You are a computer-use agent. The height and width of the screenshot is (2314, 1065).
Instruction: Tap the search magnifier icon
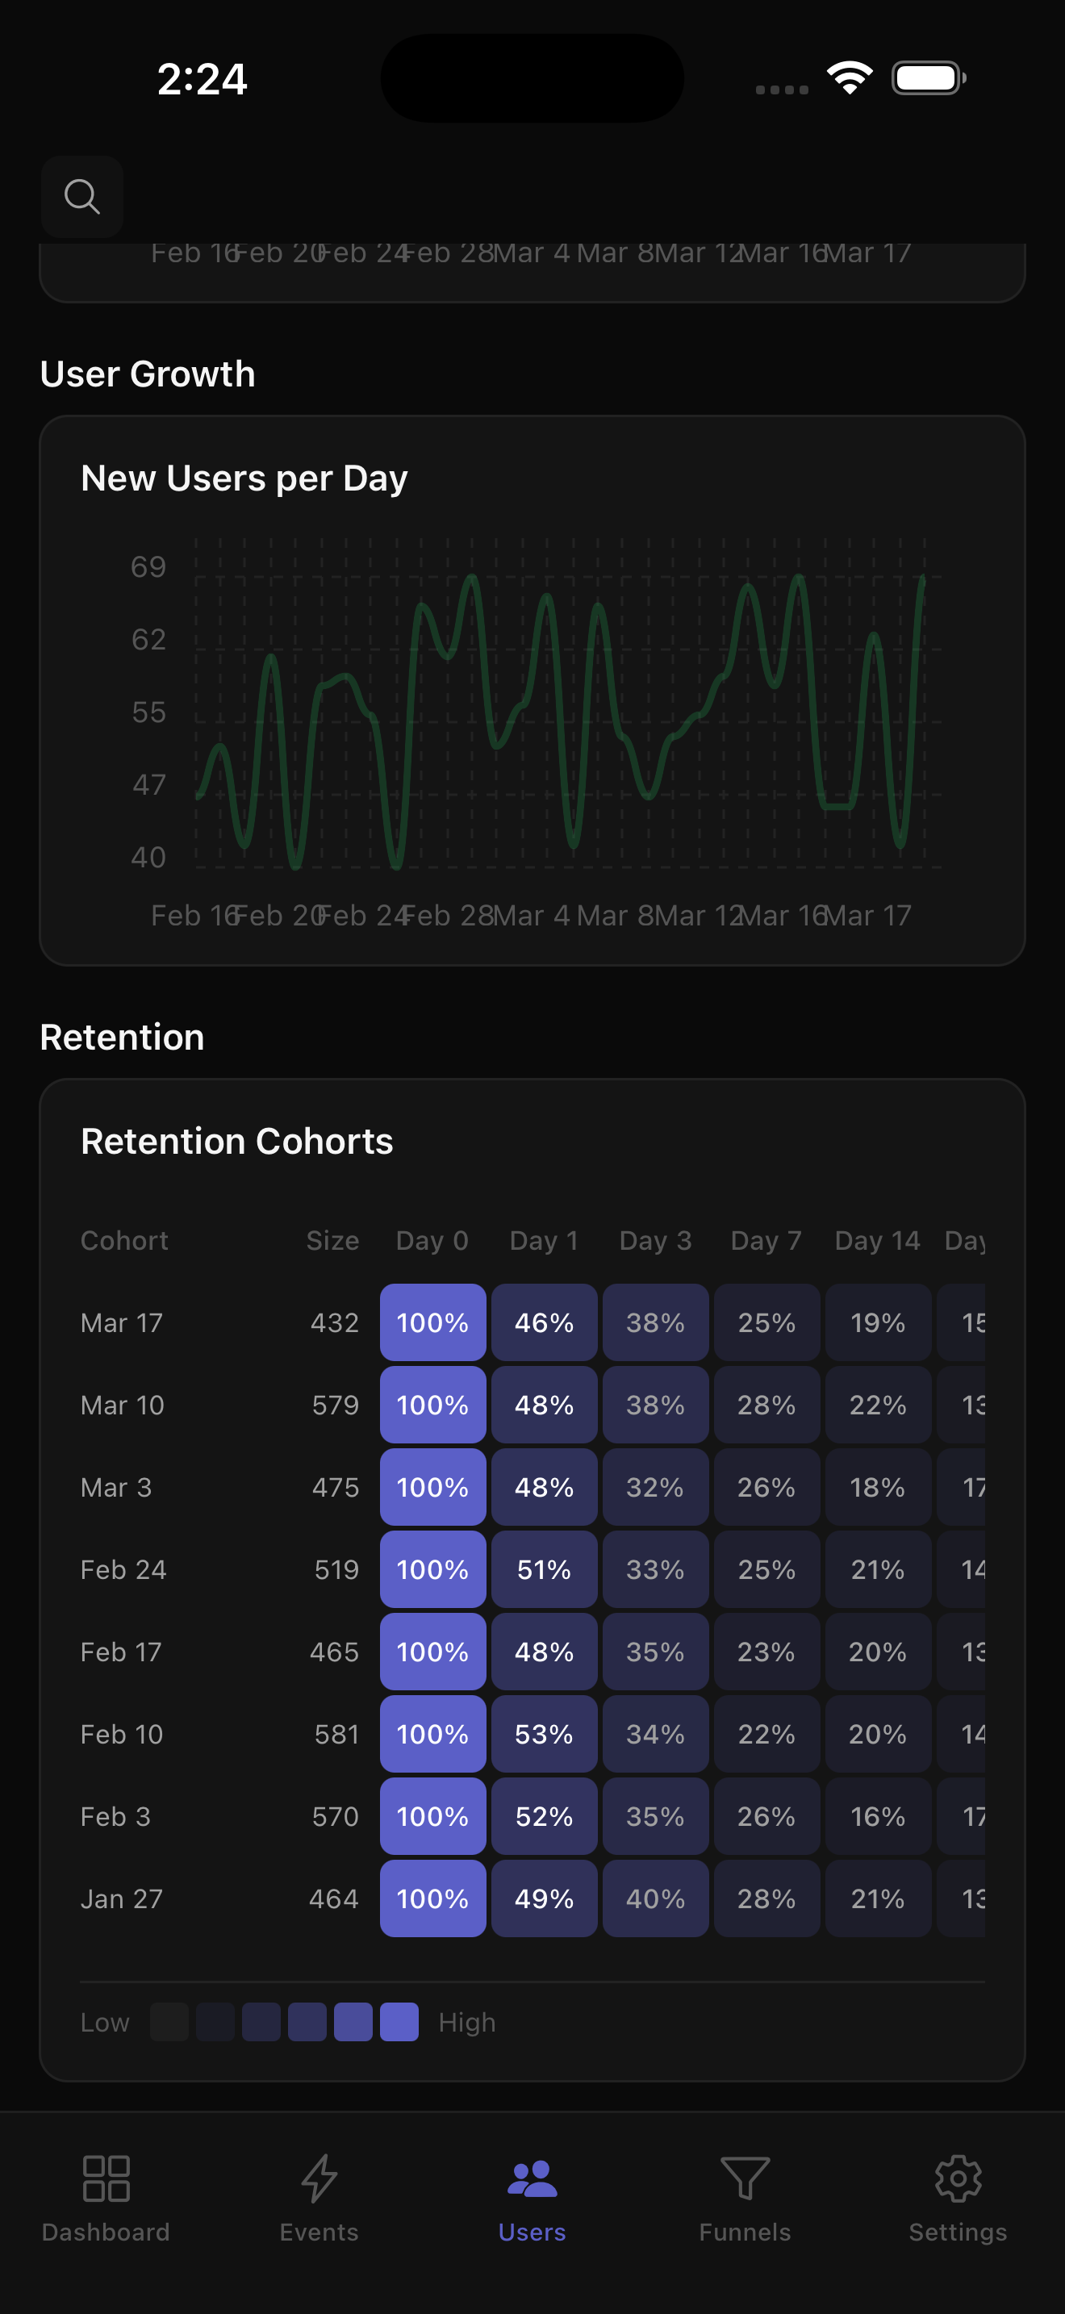81,196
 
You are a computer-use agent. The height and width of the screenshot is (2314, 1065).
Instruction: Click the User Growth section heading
148,374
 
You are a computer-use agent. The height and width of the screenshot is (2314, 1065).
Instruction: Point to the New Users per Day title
244,478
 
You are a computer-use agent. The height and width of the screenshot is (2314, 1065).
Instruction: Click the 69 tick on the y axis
148,567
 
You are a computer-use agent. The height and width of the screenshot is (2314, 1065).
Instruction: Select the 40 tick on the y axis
148,857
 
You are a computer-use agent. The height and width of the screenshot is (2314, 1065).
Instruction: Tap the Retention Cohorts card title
237,1141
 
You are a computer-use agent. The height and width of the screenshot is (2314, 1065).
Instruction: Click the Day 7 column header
766,1241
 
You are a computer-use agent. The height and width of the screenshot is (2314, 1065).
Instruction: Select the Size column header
332,1241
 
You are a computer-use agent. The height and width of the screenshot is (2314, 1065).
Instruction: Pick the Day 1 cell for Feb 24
544,1569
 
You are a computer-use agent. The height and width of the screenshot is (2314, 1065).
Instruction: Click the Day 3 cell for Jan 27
655,1898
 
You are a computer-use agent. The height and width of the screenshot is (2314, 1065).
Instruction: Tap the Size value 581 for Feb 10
336,1734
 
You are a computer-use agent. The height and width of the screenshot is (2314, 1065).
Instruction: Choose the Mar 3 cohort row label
116,1488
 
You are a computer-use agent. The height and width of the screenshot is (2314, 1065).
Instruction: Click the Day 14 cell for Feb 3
877,1816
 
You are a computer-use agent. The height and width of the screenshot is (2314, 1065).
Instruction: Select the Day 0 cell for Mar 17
432,1322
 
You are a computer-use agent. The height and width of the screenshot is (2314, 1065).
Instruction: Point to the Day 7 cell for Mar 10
766,1405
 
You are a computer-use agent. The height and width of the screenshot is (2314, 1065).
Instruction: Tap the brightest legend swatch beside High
399,2022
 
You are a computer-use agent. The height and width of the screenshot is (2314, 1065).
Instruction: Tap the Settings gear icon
957,2178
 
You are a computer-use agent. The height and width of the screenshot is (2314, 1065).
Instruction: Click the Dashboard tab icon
106,2178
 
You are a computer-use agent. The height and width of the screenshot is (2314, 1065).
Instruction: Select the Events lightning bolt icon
319,2178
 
